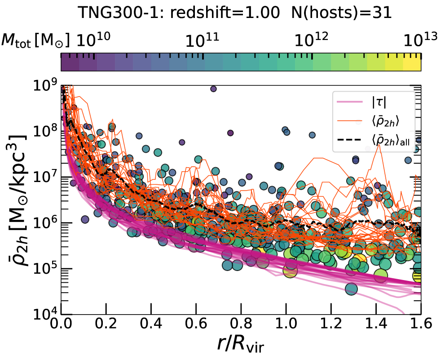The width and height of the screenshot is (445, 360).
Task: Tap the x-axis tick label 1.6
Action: tap(421, 324)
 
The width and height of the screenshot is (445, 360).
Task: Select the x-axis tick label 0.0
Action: tap(62, 324)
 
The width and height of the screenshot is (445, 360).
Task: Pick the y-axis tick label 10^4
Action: tap(45, 314)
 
